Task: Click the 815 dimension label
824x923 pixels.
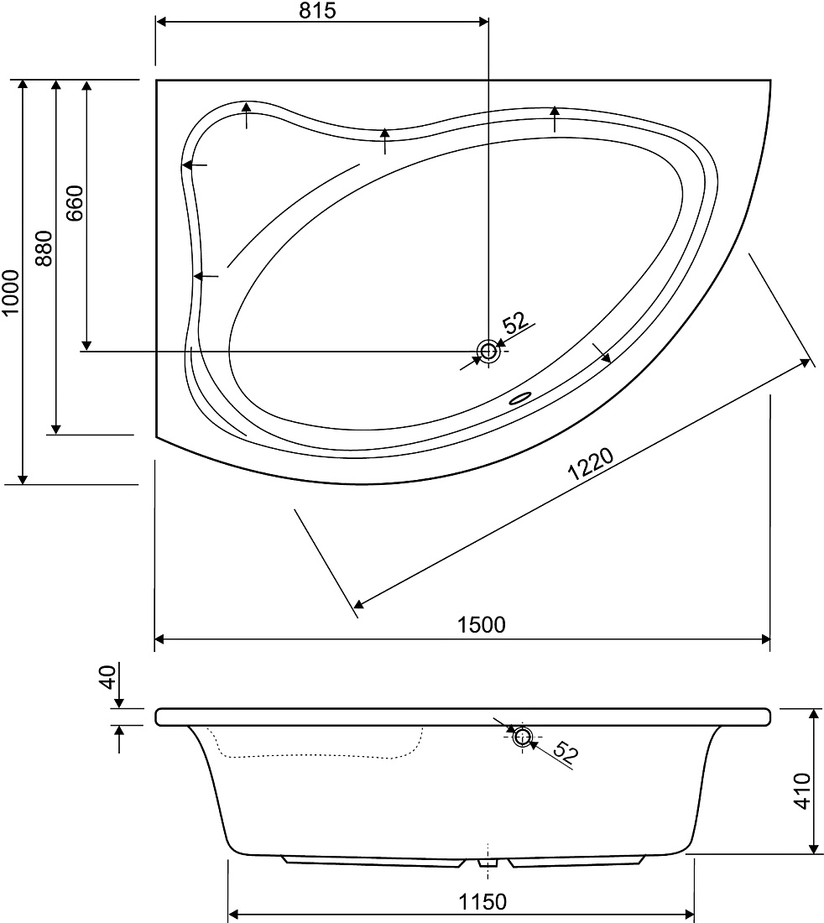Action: click(x=317, y=10)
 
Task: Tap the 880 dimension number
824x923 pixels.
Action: click(x=44, y=248)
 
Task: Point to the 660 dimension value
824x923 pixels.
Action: click(x=75, y=203)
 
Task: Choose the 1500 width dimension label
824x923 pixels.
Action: click(x=482, y=624)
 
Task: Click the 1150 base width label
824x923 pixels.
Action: click(x=482, y=901)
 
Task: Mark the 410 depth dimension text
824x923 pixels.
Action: click(x=802, y=791)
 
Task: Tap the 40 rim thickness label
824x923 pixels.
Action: click(x=107, y=677)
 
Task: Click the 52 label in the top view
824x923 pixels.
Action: click(x=516, y=322)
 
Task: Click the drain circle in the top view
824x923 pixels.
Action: click(x=488, y=351)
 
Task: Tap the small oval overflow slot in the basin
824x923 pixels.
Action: click(x=520, y=399)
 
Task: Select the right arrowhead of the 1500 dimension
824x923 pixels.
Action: click(x=765, y=639)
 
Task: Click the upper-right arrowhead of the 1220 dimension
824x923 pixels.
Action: click(x=806, y=364)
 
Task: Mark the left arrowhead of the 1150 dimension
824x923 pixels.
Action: click(x=233, y=915)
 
